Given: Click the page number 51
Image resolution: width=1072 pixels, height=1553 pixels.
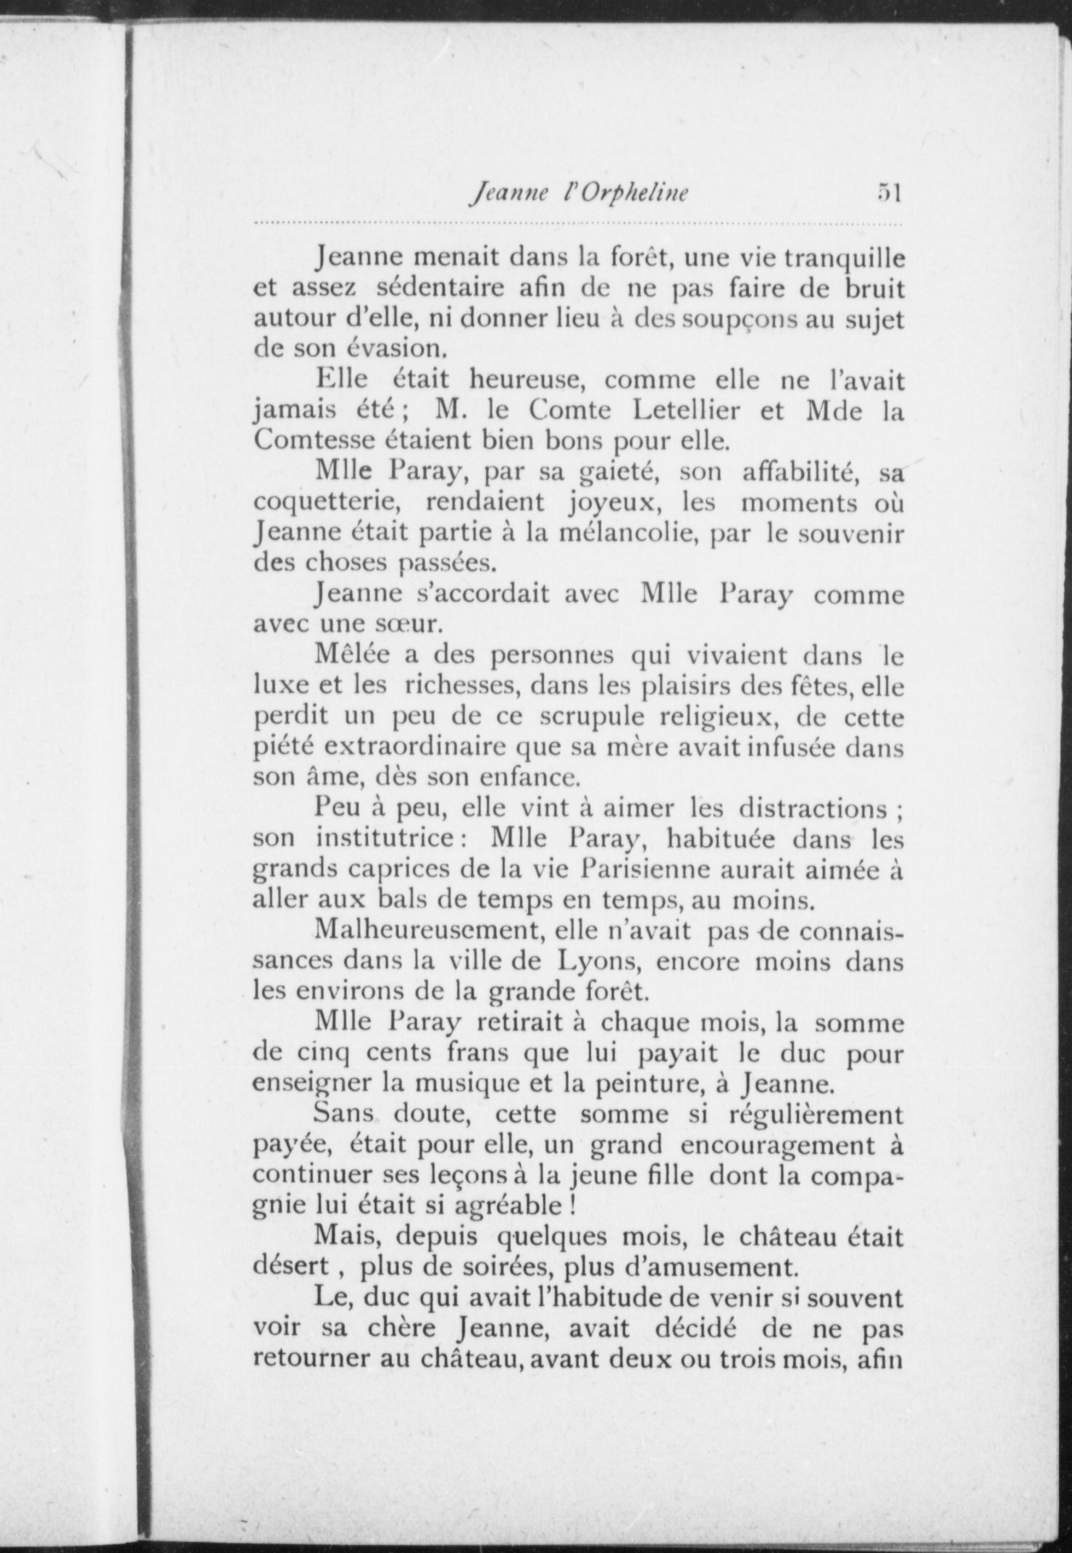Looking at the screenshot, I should [x=887, y=193].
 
